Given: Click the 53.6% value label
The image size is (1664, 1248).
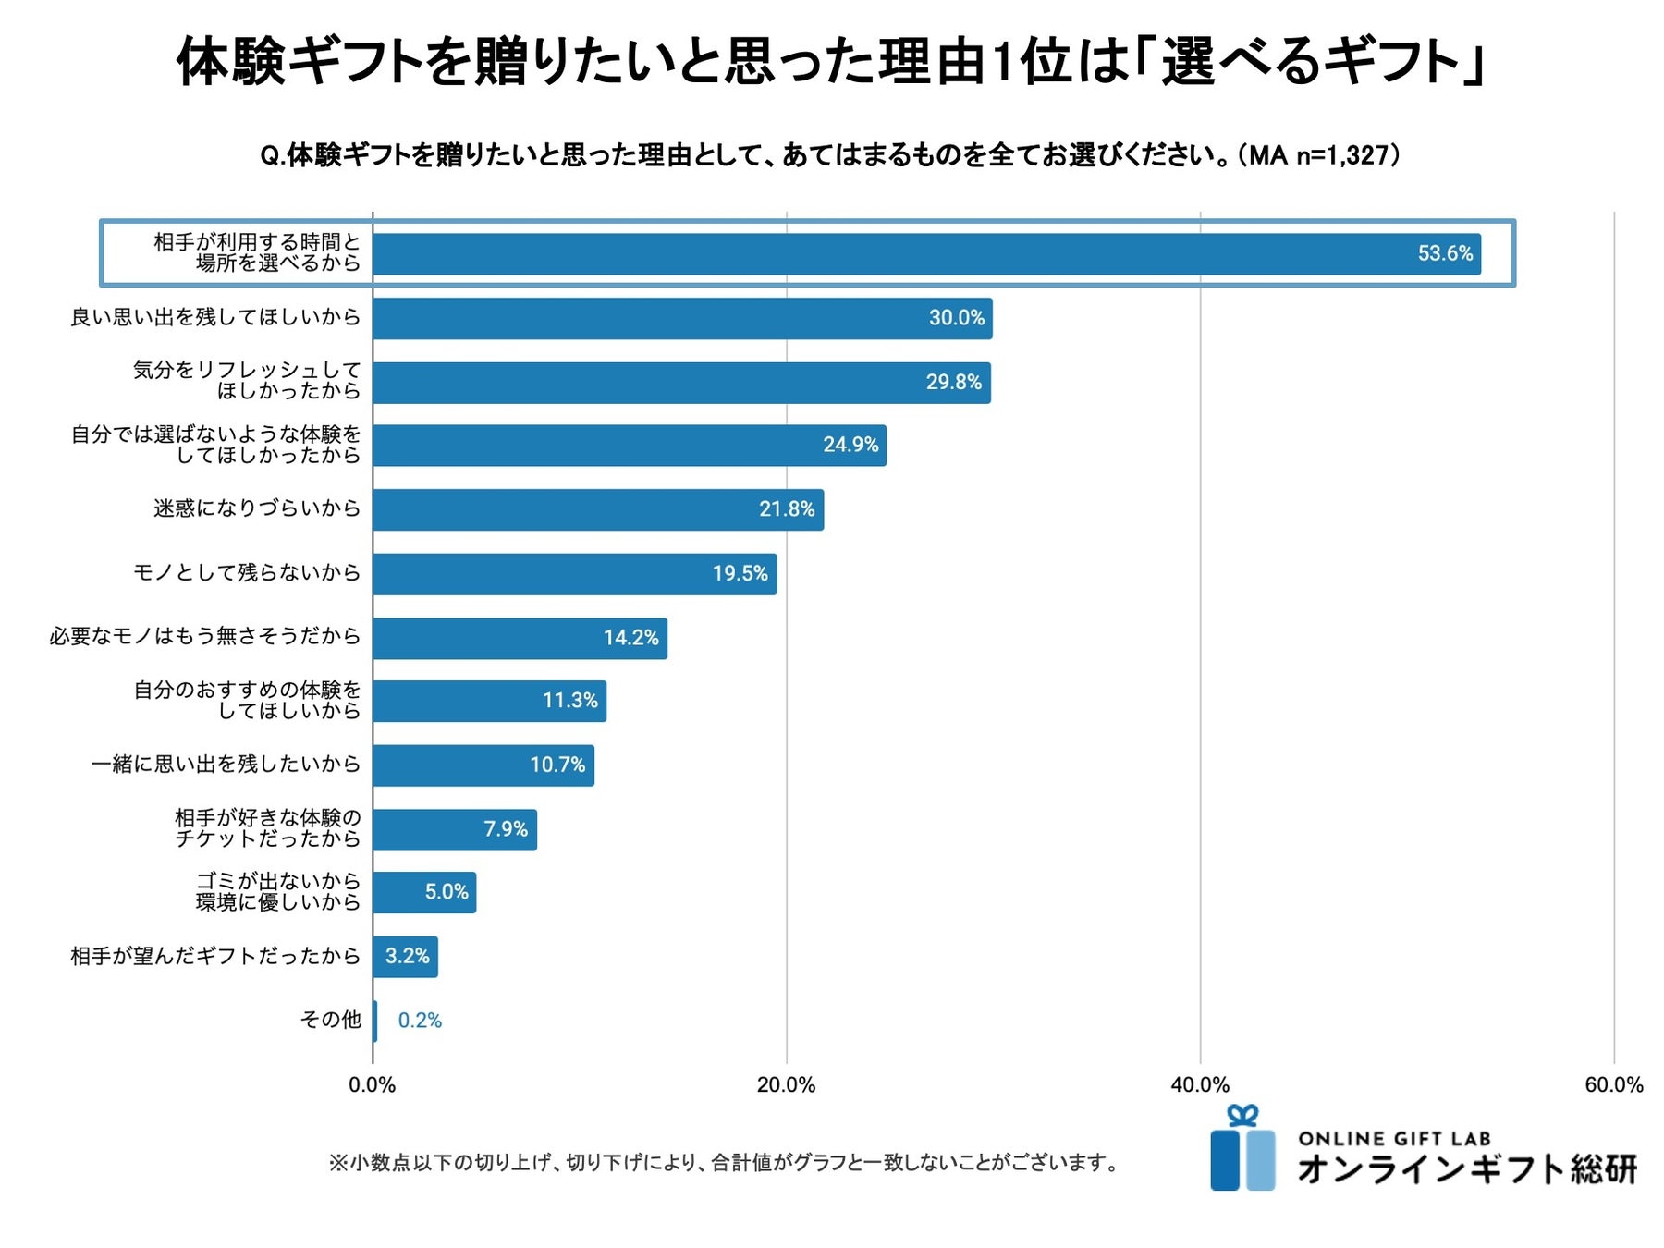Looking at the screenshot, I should (x=1445, y=253).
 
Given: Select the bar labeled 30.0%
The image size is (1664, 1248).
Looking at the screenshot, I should (x=682, y=318).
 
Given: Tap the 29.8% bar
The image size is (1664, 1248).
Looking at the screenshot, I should (x=681, y=383).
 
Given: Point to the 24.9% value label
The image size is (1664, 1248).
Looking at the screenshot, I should (x=850, y=445).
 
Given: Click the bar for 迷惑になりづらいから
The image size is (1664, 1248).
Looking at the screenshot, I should (x=598, y=509).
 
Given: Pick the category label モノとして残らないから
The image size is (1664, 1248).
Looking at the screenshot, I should (x=247, y=572).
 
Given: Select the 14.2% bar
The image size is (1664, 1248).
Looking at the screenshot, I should (x=520, y=638).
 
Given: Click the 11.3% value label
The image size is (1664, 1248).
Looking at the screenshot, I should (x=569, y=701).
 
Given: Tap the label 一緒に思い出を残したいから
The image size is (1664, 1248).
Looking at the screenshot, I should (x=226, y=764).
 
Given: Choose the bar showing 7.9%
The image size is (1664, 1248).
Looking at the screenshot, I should (x=454, y=829).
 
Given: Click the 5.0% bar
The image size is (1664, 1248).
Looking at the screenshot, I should (x=424, y=892).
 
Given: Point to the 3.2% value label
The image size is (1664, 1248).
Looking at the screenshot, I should (x=407, y=956).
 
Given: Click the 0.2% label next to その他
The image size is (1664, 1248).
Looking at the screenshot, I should (x=420, y=1021).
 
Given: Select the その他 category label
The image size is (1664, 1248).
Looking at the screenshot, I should (x=330, y=1020).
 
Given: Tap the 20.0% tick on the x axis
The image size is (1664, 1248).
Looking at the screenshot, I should (x=786, y=1085).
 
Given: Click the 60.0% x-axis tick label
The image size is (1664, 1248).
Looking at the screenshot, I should (x=1613, y=1085).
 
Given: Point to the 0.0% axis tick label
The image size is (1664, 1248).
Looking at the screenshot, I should (x=372, y=1085).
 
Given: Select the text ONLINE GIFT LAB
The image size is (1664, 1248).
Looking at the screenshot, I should (x=1394, y=1139).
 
